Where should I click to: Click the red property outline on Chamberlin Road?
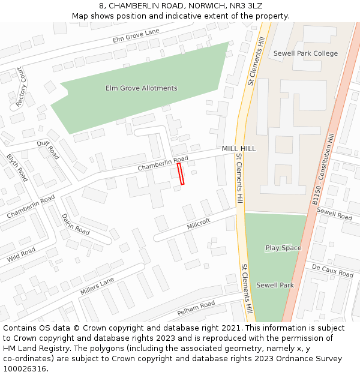pos(181,173)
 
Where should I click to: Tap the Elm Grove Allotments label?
pos(142,88)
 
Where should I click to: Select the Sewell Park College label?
pos(305,53)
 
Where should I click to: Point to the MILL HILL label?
pos(239,148)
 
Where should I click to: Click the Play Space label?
pos(283,248)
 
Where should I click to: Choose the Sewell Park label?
pos(275,285)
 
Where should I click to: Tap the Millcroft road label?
pos(199,224)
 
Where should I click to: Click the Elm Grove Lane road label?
pos(136,35)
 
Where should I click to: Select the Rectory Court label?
pos(22,87)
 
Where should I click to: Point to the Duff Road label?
pos(48,149)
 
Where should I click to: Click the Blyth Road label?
pos(17,167)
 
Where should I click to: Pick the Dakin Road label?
pos(76,224)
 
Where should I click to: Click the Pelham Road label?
pos(196,308)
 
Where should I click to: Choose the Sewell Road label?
pos(334,213)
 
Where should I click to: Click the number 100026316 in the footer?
pos(25,368)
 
